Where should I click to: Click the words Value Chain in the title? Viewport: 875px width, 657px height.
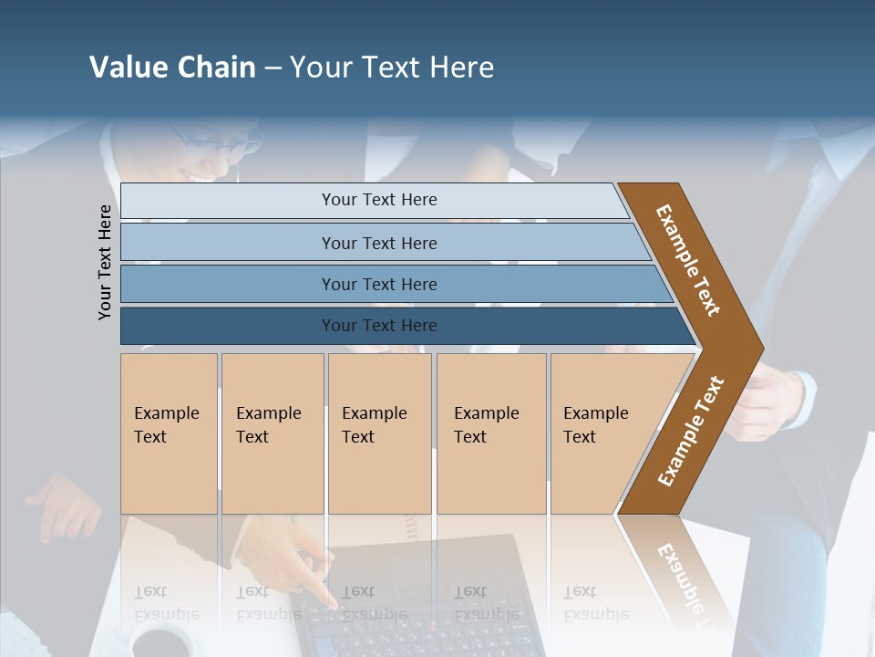tap(172, 68)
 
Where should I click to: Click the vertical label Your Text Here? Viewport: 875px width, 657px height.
tap(106, 262)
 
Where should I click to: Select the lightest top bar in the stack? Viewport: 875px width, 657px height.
tap(378, 200)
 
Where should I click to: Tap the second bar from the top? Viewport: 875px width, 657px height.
tap(378, 243)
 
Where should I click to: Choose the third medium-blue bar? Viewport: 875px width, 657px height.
tap(378, 284)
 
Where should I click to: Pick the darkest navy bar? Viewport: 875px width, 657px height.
tap(378, 326)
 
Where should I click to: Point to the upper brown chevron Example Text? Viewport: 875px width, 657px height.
tap(688, 260)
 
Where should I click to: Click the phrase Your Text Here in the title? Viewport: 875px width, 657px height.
tap(392, 68)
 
